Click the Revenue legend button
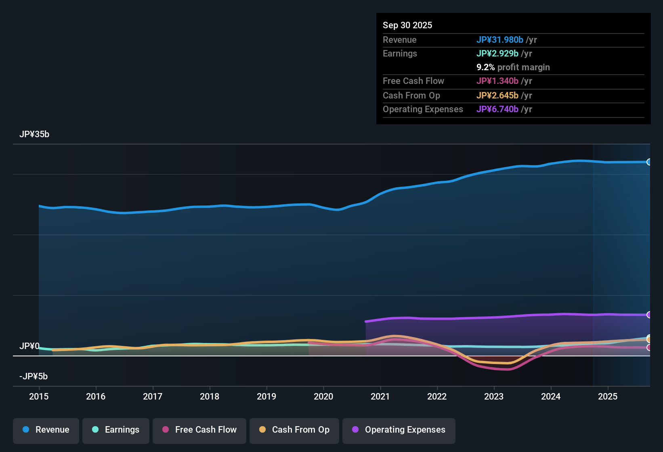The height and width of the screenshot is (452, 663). point(46,430)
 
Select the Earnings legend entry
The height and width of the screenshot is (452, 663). point(116,430)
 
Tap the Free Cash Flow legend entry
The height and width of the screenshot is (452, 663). point(199,430)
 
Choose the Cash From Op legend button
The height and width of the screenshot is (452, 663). point(294,430)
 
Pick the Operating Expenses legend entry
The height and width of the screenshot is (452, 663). point(399,430)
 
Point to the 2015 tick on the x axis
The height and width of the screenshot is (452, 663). point(39,396)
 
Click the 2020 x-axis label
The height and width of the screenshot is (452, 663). point(323,396)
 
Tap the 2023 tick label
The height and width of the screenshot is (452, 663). point(494,396)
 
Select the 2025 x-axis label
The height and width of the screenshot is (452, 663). point(608,396)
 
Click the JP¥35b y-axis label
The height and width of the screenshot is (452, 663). point(34,134)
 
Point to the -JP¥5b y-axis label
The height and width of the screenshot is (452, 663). point(34,377)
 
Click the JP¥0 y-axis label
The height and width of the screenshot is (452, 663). point(29,346)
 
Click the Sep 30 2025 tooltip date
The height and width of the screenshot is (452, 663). point(407,25)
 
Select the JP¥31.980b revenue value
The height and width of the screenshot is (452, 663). point(500,40)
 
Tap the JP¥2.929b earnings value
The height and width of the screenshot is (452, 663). point(497,53)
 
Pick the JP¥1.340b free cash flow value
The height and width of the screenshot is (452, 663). point(497,81)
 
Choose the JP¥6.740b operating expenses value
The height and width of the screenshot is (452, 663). point(497,109)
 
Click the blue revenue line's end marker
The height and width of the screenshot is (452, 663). point(649,162)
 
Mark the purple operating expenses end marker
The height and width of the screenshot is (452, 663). point(649,315)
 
